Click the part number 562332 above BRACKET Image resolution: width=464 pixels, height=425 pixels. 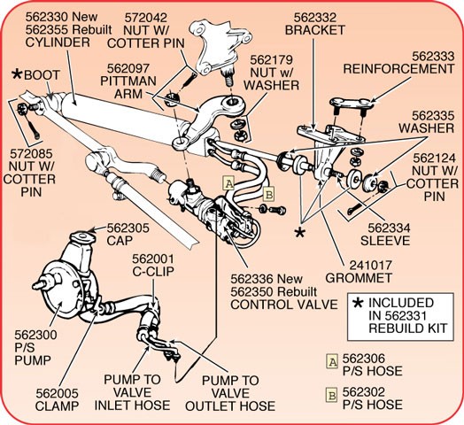click(315, 18)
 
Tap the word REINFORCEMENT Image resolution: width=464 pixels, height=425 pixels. click(398, 69)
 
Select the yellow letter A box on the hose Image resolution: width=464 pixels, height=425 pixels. click(228, 183)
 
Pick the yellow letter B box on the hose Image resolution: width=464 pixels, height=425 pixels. click(268, 195)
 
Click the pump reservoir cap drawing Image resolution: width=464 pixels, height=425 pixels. click(83, 237)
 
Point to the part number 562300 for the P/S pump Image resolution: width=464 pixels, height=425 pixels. click(35, 335)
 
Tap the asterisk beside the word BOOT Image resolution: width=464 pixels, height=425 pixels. click(17, 74)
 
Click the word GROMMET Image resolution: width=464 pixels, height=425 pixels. click(359, 278)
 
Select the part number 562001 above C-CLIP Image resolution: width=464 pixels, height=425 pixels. click(153, 259)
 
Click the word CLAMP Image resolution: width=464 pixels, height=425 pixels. click(57, 406)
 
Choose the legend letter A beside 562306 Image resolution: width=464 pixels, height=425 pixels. click(332, 361)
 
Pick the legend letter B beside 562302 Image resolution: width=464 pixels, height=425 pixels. click(331, 395)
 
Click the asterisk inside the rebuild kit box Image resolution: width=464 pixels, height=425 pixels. click(359, 303)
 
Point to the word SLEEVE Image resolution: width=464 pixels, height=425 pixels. click(385, 241)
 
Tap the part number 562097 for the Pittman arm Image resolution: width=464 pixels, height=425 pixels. click(128, 68)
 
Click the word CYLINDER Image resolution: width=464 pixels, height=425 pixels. click(58, 42)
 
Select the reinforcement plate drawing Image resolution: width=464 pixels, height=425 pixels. click(352, 104)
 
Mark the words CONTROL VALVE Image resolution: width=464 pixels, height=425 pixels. click(283, 305)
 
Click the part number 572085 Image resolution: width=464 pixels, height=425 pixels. click(31, 154)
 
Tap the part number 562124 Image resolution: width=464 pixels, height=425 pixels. click(434, 158)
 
